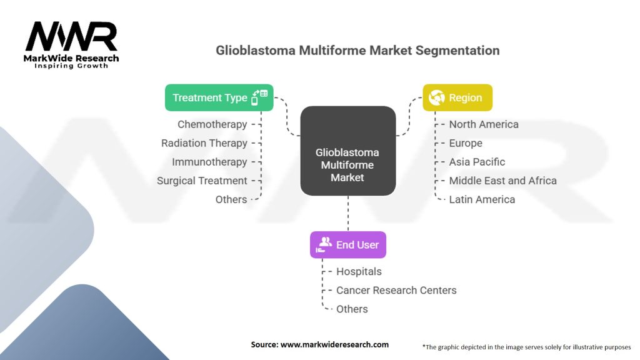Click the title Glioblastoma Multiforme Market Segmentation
tap(357, 51)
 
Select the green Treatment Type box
tap(219, 97)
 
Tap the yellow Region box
tap(457, 97)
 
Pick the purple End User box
tap(348, 244)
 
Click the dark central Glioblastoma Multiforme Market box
tap(347, 165)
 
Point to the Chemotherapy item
tap(212, 124)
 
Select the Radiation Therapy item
tap(204, 143)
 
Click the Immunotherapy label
tap(209, 162)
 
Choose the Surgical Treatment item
tap(202, 181)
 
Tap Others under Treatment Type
tap(231, 199)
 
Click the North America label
tap(483, 124)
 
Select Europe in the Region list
tap(466, 143)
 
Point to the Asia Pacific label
tap(477, 162)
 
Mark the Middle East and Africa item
tap(502, 181)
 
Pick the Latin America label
tap(482, 199)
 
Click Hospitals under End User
tap(359, 271)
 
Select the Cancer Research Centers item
tap(396, 290)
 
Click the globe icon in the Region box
tap(436, 97)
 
